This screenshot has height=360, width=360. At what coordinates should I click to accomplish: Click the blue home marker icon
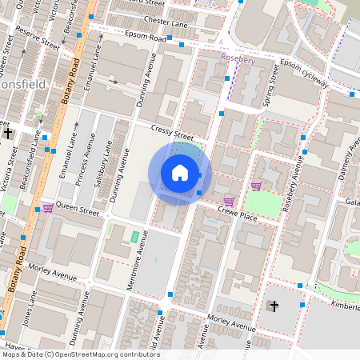180,172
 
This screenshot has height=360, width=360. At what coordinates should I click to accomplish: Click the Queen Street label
78,214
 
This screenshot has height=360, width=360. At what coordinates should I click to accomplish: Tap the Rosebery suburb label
238,59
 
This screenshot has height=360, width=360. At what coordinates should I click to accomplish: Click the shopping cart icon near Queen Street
48,208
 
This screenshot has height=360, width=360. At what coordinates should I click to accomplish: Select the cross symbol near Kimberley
274,306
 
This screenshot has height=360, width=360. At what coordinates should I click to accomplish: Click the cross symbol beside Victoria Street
8,133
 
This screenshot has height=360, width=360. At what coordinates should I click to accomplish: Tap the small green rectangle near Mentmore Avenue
134,237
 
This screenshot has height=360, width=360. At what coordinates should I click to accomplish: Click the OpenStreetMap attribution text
80,354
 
